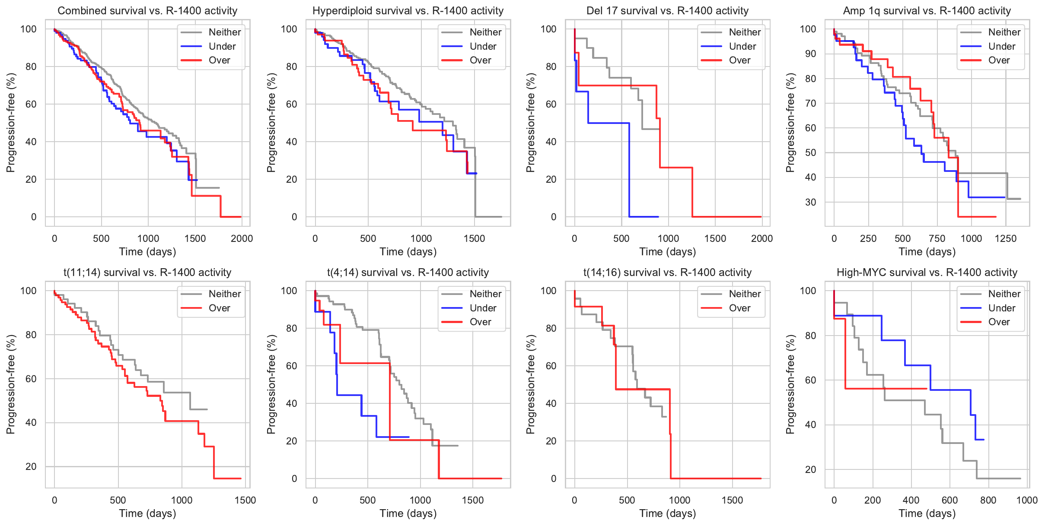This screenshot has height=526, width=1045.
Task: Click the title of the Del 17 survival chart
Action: [667, 11]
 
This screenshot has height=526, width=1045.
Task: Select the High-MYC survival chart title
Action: [927, 273]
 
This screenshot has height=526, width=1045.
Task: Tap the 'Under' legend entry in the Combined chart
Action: [222, 46]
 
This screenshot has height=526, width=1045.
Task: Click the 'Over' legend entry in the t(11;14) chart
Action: [219, 308]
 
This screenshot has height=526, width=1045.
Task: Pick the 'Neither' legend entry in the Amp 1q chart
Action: [1004, 32]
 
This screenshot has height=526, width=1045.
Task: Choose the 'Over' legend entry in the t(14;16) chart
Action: [739, 308]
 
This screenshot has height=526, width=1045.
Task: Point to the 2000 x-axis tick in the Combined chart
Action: [242, 238]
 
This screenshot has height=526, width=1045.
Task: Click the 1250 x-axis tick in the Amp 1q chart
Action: [1005, 238]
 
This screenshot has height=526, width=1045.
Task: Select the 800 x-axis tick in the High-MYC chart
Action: [988, 500]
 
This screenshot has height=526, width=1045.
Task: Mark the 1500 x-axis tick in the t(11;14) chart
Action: [245, 500]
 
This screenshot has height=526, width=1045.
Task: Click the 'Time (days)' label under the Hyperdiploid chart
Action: [408, 252]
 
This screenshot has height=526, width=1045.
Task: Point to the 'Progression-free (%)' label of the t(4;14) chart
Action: [271, 384]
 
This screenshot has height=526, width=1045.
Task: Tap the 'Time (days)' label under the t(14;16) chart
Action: [667, 513]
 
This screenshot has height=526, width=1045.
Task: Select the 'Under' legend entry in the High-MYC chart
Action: [1001, 308]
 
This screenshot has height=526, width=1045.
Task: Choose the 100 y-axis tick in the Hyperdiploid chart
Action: [289, 29]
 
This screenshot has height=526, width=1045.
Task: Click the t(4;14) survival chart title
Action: [408, 273]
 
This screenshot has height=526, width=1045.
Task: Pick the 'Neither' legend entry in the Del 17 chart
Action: [745, 32]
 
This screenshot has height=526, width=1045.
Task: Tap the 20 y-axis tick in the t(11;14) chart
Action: [31, 466]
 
